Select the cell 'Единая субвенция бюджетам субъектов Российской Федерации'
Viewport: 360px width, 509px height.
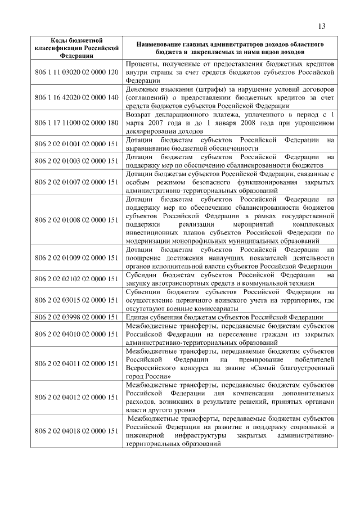click(223, 317)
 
